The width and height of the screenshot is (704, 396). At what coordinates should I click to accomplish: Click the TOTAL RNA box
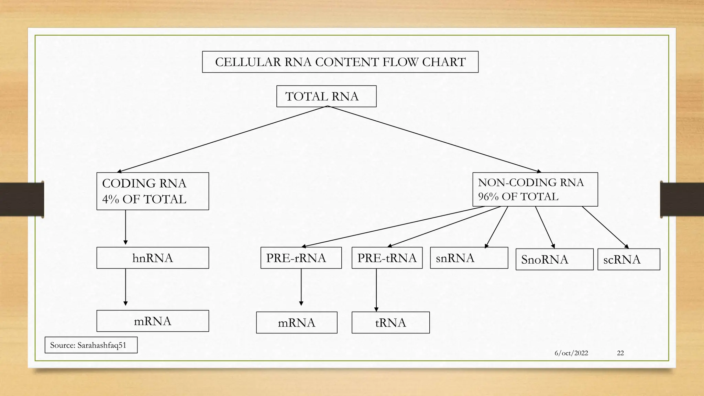coord(326,96)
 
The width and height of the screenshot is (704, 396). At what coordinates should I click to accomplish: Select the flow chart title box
coord(340,62)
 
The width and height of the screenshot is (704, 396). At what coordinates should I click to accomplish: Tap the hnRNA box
coord(153,258)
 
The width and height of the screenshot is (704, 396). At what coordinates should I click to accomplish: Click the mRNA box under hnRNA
coord(153,321)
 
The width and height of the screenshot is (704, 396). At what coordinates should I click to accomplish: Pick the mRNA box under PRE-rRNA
coord(297,322)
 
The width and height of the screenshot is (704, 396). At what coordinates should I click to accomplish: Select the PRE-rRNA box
coord(301,258)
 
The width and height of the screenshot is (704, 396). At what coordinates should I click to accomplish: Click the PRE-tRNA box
coord(387,258)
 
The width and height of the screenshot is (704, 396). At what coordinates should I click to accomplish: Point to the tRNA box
coord(390,322)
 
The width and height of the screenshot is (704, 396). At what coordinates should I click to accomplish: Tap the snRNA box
coord(469,258)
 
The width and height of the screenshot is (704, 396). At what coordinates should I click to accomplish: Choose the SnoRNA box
coord(554,259)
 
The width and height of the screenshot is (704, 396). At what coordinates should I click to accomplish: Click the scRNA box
coord(628,259)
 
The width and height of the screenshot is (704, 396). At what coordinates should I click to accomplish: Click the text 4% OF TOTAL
coord(144,199)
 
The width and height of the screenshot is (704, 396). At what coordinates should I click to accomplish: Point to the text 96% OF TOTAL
coord(518,197)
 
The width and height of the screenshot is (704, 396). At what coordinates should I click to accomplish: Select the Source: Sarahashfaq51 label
coord(91,345)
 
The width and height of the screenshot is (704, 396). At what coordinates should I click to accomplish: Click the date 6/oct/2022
coord(571,353)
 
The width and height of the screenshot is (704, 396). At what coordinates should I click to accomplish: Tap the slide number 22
coord(620,353)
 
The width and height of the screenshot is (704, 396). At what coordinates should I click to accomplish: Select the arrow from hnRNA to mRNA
coord(125,287)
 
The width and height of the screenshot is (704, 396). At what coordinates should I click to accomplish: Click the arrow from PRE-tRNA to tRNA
coord(376,290)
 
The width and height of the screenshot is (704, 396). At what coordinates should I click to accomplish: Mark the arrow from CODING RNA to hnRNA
coord(125,227)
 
